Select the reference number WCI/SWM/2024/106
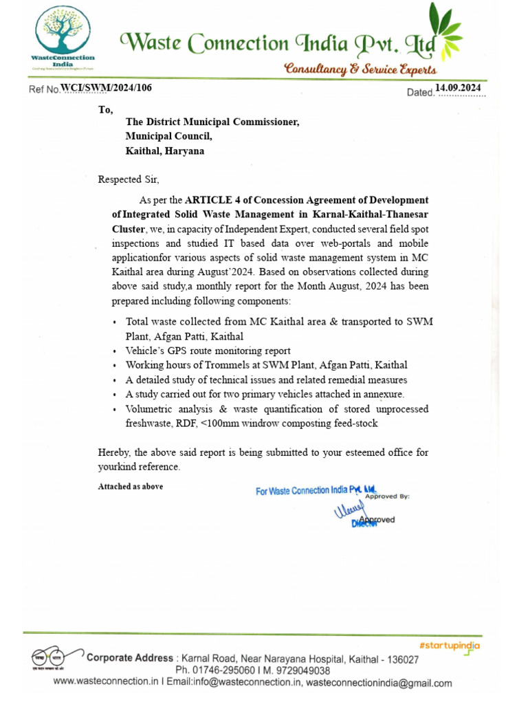pos(106,87)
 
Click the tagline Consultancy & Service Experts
pos(360,69)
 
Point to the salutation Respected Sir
pos(129,180)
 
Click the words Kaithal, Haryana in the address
pos(164,151)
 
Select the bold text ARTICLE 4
pos(210,200)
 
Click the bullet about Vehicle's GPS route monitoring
pos(208,351)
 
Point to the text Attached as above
pos(131,487)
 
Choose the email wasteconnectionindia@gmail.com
pos(379,683)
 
